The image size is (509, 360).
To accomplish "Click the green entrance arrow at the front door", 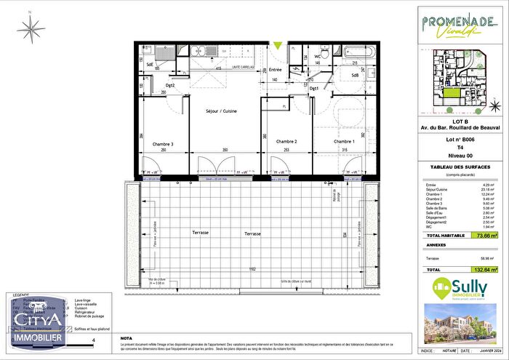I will pos(277,47).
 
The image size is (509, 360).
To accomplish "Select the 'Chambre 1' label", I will pos(344,141).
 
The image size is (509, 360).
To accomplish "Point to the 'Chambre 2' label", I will pos(286,141).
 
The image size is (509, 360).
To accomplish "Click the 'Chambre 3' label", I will pos(163,145).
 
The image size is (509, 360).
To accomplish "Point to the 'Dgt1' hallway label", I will pos(315,89).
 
